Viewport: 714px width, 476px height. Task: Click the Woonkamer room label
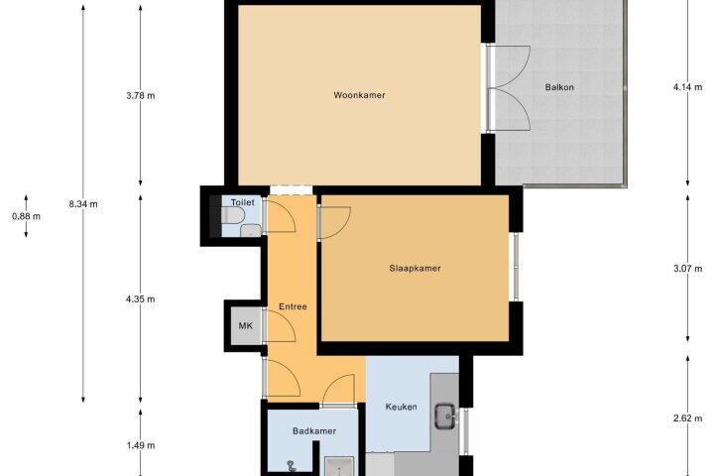pos(359,95)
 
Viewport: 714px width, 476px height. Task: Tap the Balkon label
pos(559,87)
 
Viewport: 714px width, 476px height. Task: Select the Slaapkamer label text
pos(415,269)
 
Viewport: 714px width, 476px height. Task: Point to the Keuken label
pos(402,407)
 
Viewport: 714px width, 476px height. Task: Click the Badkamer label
pos(314,431)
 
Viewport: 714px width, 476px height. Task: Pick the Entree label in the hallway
pos(293,306)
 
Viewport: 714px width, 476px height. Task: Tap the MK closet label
pos(246,325)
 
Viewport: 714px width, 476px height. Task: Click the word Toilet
pos(242,202)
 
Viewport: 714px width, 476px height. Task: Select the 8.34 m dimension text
pos(83,204)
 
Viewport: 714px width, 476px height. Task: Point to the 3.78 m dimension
pos(141,95)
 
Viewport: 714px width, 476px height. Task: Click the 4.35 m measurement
pos(141,299)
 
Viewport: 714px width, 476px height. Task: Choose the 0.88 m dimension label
pos(26,216)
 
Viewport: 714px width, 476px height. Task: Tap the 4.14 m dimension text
pos(687,87)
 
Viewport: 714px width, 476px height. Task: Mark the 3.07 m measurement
pos(687,269)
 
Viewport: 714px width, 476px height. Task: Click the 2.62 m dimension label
pos(687,418)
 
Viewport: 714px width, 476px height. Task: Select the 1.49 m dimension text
pos(141,445)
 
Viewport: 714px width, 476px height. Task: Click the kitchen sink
pos(446,416)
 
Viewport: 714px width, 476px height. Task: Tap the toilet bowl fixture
pos(233,215)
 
